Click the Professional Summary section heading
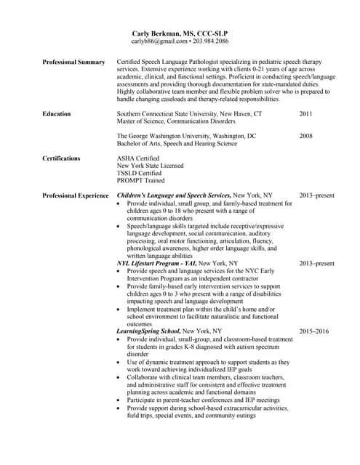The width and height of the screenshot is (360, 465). point(73,62)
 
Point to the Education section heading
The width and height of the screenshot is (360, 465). point(57,114)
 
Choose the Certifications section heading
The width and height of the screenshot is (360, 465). point(63,158)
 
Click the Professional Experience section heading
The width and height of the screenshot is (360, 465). point(76,195)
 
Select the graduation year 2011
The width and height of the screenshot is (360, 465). point(306,114)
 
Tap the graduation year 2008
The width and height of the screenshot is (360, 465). point(306,136)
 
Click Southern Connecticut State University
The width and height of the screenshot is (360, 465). point(189,114)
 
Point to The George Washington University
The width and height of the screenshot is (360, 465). point(186,136)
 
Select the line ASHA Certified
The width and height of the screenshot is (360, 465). point(138,158)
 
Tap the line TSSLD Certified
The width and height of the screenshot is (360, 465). point(140,174)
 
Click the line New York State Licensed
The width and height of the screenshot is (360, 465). point(151,166)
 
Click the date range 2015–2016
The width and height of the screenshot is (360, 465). point(314,331)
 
